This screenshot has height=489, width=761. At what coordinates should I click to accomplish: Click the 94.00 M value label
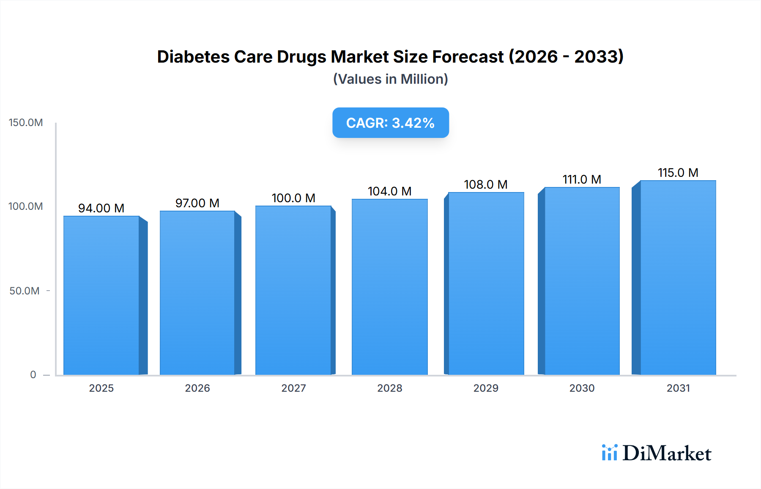(x=101, y=208)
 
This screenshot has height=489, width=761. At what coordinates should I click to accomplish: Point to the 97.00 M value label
(x=197, y=203)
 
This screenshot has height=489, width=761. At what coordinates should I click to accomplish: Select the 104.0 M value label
(x=389, y=191)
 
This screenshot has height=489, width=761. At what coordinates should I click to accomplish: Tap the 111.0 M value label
(x=582, y=179)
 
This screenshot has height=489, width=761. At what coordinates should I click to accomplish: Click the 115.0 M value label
(x=678, y=173)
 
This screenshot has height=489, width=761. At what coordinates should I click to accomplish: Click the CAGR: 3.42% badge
(x=390, y=123)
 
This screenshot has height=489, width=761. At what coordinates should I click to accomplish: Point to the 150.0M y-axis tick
(x=26, y=123)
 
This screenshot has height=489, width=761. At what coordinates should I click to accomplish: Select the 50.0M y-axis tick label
(x=25, y=291)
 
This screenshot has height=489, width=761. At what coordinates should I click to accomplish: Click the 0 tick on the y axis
(x=33, y=375)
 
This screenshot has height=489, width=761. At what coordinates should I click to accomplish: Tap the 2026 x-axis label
(x=197, y=388)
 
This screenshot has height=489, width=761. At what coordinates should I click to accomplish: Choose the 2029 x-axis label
(x=486, y=388)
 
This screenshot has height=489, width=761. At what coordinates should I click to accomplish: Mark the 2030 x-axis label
(x=582, y=388)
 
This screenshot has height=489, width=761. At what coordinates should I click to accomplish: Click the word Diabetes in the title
(x=193, y=57)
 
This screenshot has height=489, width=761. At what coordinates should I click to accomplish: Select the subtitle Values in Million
(x=390, y=79)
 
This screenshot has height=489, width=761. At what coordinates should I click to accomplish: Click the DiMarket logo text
(x=667, y=453)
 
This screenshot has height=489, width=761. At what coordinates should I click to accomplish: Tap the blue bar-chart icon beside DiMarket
(x=609, y=453)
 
